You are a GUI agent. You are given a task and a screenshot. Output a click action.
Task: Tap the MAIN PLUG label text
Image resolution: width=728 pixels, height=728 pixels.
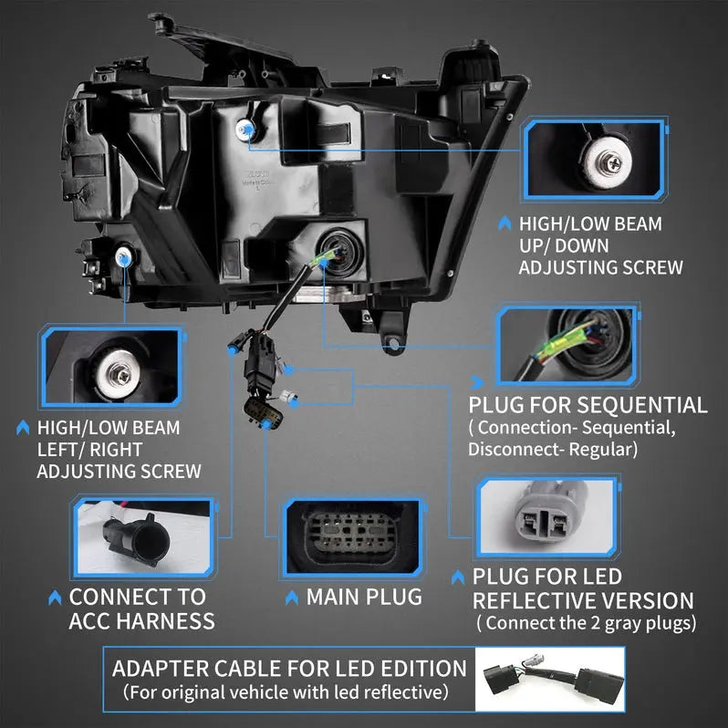364,597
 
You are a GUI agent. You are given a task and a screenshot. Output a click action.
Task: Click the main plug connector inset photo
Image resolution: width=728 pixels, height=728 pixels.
353,538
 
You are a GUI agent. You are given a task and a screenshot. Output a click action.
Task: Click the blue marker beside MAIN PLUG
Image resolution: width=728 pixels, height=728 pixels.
293,598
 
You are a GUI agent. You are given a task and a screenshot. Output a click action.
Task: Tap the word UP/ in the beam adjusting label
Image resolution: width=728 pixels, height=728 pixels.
541,244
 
